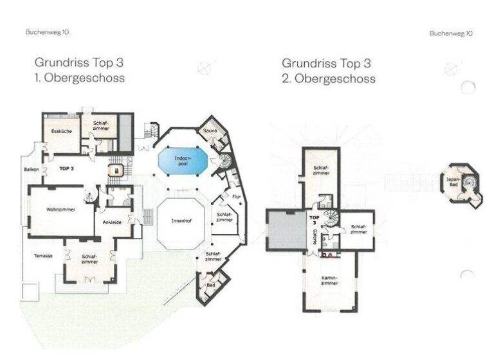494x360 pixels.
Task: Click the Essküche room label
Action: pyautogui.click(x=61, y=131)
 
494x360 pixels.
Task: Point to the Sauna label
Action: pyautogui.click(x=210, y=130)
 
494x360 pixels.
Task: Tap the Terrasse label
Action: pyautogui.click(x=42, y=256)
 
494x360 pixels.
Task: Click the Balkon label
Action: pyautogui.click(x=32, y=169)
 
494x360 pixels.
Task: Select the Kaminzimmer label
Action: pyautogui.click(x=330, y=281)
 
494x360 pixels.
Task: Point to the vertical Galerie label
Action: pyautogui.click(x=315, y=237)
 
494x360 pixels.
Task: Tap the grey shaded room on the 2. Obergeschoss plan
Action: pyautogui.click(x=287, y=230)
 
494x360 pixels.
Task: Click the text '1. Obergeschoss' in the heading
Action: pyautogui.click(x=80, y=78)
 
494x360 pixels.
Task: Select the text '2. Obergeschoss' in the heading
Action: pyautogui.click(x=329, y=78)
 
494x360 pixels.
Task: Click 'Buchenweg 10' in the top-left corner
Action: pyautogui.click(x=48, y=32)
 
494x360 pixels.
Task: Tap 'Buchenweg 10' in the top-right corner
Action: pyautogui.click(x=450, y=33)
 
